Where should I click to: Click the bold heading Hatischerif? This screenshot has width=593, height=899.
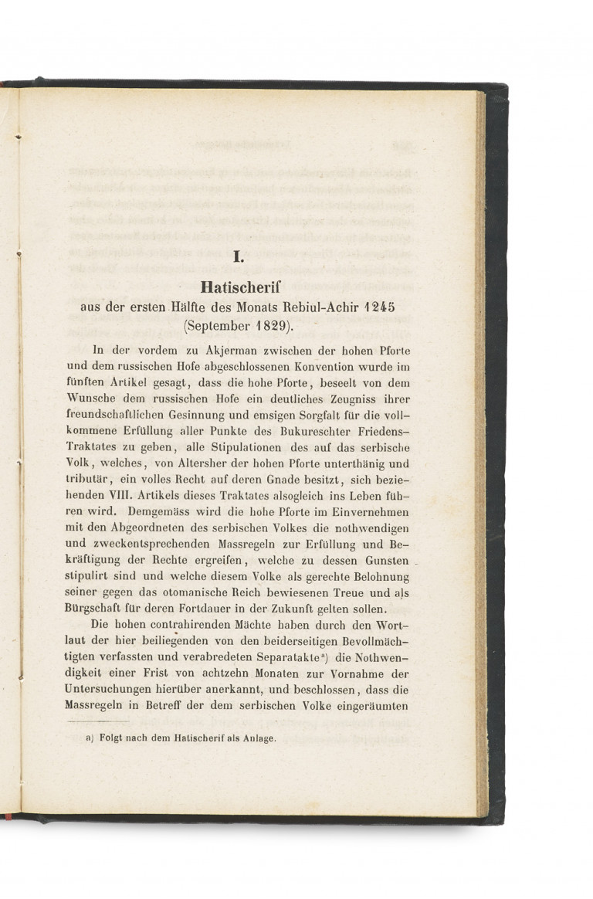[239, 287]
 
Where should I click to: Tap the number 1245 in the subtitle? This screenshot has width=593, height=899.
[377, 307]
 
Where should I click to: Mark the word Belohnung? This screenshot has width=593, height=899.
[377, 577]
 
